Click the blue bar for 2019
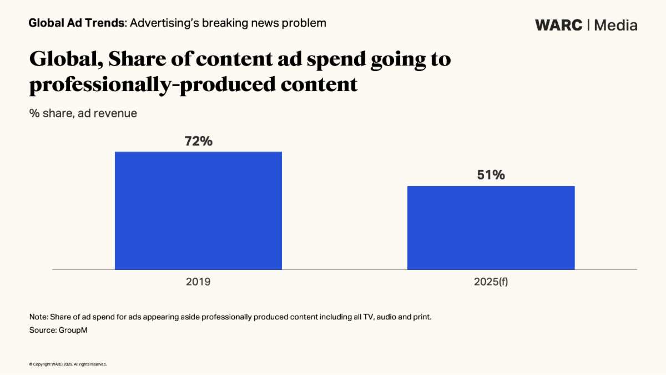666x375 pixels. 198,211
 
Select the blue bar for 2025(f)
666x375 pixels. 491,228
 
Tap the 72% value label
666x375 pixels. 198,141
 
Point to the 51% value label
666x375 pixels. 491,175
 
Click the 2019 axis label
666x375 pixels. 198,282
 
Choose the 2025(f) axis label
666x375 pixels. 491,282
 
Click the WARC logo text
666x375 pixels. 558,25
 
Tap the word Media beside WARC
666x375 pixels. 615,25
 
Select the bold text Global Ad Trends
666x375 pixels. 76,23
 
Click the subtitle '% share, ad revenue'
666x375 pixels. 83,113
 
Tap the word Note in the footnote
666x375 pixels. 38,317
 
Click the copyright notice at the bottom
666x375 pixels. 67,364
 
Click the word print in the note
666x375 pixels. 422,317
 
